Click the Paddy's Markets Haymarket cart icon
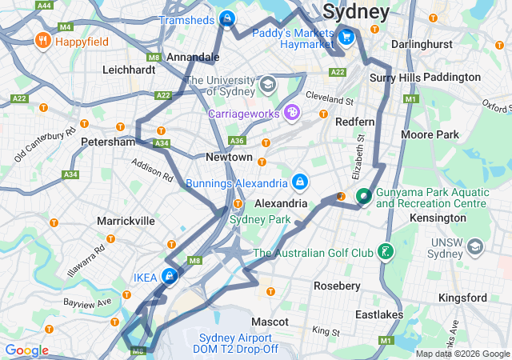coord(346,36)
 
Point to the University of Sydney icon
coord(267,84)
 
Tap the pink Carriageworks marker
coord(292,114)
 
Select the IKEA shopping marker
coord(170,277)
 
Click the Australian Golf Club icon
coord(386,253)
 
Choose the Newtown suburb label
coord(229,158)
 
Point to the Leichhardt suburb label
coord(129,70)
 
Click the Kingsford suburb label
coord(462,298)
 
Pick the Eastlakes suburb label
coord(378,314)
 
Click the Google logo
coord(26,350)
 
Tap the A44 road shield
coord(45,5)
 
